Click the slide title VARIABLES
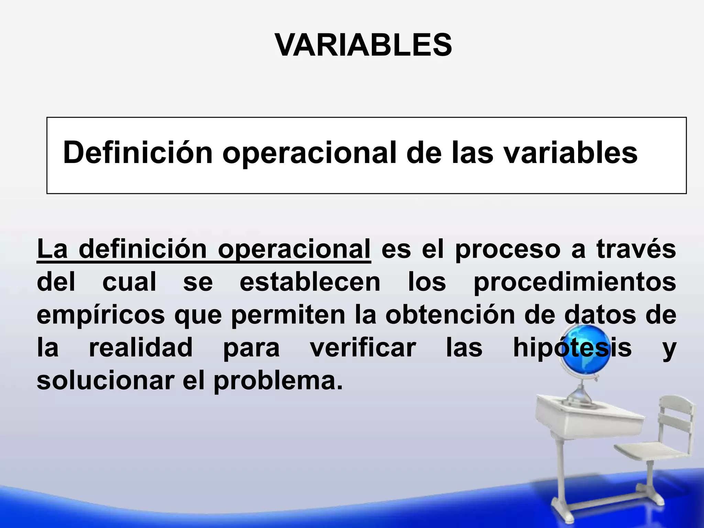pos(363,45)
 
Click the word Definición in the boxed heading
pos(138,153)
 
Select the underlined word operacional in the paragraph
pos(294,249)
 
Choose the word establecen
pos(310,282)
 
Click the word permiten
pos(288,315)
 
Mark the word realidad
pos(141,348)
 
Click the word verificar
pos(363,348)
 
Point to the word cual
pos(129,282)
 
